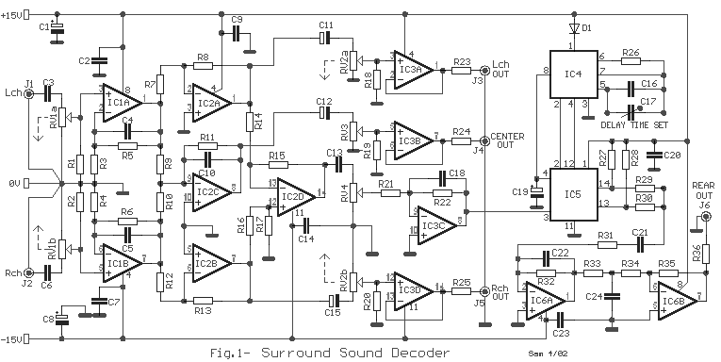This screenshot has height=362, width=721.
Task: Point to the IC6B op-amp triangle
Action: point(675,300)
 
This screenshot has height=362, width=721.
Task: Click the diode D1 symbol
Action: point(574,28)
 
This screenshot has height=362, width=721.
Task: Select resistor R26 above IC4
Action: point(631,62)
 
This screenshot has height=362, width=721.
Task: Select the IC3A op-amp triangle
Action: point(409,70)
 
